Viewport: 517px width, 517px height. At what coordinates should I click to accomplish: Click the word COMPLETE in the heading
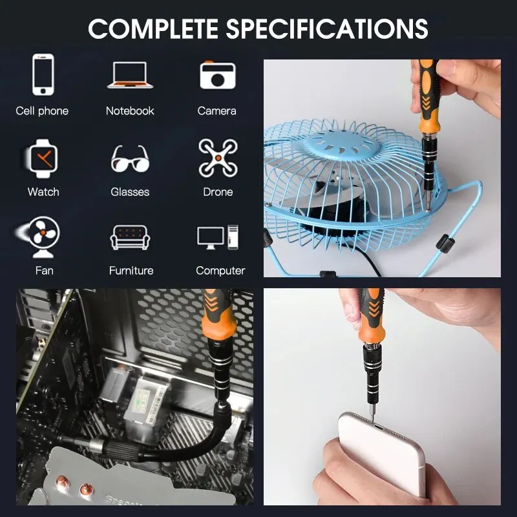[154, 28]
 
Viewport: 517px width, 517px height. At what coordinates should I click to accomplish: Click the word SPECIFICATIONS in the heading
[327, 28]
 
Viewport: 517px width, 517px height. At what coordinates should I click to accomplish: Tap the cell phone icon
[43, 74]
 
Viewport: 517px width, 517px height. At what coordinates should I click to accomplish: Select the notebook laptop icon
[131, 75]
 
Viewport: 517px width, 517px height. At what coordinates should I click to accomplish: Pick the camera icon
[218, 75]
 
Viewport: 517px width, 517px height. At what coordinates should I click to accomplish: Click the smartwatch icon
[43, 158]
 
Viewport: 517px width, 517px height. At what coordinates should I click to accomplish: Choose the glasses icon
[130, 158]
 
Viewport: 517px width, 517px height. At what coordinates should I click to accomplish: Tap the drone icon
[218, 158]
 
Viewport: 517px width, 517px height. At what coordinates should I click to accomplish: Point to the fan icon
[39, 237]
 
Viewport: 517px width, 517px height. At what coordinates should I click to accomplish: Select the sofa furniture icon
[130, 237]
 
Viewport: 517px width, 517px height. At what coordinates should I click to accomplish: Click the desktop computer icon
[218, 237]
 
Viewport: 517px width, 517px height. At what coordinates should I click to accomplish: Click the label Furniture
[131, 271]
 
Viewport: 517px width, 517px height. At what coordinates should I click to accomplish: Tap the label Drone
[218, 192]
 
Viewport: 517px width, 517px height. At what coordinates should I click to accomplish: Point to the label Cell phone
[42, 111]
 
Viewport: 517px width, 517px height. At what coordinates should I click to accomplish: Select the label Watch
[43, 192]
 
